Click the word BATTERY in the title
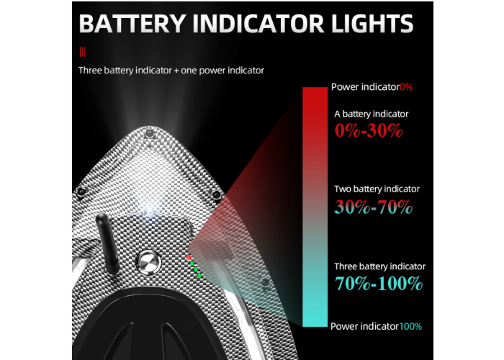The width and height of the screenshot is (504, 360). click(132, 24)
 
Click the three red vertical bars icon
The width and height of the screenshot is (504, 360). click(83, 52)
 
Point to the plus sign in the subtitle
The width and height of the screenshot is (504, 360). click(176, 71)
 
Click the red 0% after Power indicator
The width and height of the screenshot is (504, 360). click(406, 87)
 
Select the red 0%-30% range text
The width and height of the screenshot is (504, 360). click(369, 130)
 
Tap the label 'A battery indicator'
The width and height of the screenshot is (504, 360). click(372, 114)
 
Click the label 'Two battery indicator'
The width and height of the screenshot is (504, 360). click(377, 189)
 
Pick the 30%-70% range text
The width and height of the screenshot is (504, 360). click(373, 207)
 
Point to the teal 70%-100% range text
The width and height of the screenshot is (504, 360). click(379, 283)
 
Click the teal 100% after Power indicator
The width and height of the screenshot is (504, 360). click(410, 326)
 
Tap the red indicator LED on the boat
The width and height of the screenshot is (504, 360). click(189, 258)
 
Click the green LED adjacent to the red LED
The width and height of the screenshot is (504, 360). click(192, 264)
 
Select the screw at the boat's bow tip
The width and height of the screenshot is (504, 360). click(149, 133)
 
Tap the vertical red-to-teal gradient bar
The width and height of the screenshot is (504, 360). click(315, 207)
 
